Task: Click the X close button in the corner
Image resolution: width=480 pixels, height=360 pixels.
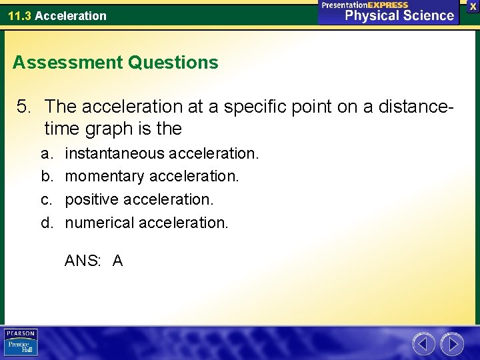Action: [x=473, y=6]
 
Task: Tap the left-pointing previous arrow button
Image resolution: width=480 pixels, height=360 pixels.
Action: [x=423, y=344]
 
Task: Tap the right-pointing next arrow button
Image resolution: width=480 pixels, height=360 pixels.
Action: [x=453, y=344]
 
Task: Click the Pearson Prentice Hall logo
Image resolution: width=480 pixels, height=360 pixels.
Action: [x=21, y=343]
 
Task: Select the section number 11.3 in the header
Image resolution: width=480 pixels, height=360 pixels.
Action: [x=19, y=15]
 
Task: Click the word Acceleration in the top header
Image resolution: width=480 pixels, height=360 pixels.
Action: [x=71, y=15]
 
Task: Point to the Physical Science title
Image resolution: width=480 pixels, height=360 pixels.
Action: [x=399, y=16]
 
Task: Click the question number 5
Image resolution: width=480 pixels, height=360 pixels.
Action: [x=24, y=106]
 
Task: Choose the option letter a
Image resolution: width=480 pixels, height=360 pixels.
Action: [x=46, y=153]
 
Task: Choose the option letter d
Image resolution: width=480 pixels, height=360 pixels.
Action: [x=46, y=222]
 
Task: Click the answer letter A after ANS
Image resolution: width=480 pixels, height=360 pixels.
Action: [x=117, y=261]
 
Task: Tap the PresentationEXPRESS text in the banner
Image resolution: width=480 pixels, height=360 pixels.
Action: [x=365, y=5]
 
